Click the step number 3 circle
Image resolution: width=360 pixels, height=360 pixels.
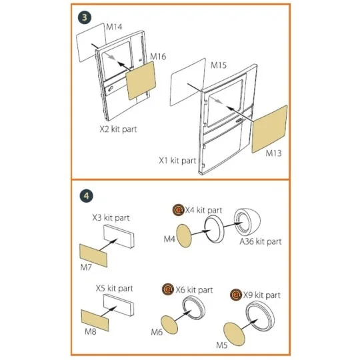(85, 17)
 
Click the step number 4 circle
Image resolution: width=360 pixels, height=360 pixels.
(86, 196)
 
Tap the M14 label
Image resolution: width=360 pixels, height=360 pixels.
(114, 27)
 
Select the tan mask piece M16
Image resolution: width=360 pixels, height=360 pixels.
(141, 81)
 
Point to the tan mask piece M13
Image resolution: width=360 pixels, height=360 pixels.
(269, 129)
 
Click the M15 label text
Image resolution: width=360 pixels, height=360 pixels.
(219, 65)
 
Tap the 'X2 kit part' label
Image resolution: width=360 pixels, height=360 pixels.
(118, 129)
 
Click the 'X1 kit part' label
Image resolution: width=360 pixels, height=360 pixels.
(177, 161)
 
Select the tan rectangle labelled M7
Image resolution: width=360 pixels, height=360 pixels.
(93, 255)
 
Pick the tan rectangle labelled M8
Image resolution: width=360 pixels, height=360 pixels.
(95, 321)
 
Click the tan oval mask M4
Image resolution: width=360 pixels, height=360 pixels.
(184, 236)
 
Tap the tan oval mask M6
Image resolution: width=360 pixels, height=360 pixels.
(169, 325)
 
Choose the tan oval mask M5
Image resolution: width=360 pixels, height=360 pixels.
(234, 333)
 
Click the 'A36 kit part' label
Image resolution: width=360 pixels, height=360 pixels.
(261, 241)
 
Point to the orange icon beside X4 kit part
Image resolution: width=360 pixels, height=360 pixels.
(179, 210)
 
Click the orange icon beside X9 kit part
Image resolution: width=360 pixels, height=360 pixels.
(236, 295)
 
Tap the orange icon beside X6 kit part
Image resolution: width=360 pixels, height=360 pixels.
(168, 289)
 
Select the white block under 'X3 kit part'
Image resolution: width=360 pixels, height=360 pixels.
(119, 236)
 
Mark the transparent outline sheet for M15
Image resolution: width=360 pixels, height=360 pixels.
(188, 82)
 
